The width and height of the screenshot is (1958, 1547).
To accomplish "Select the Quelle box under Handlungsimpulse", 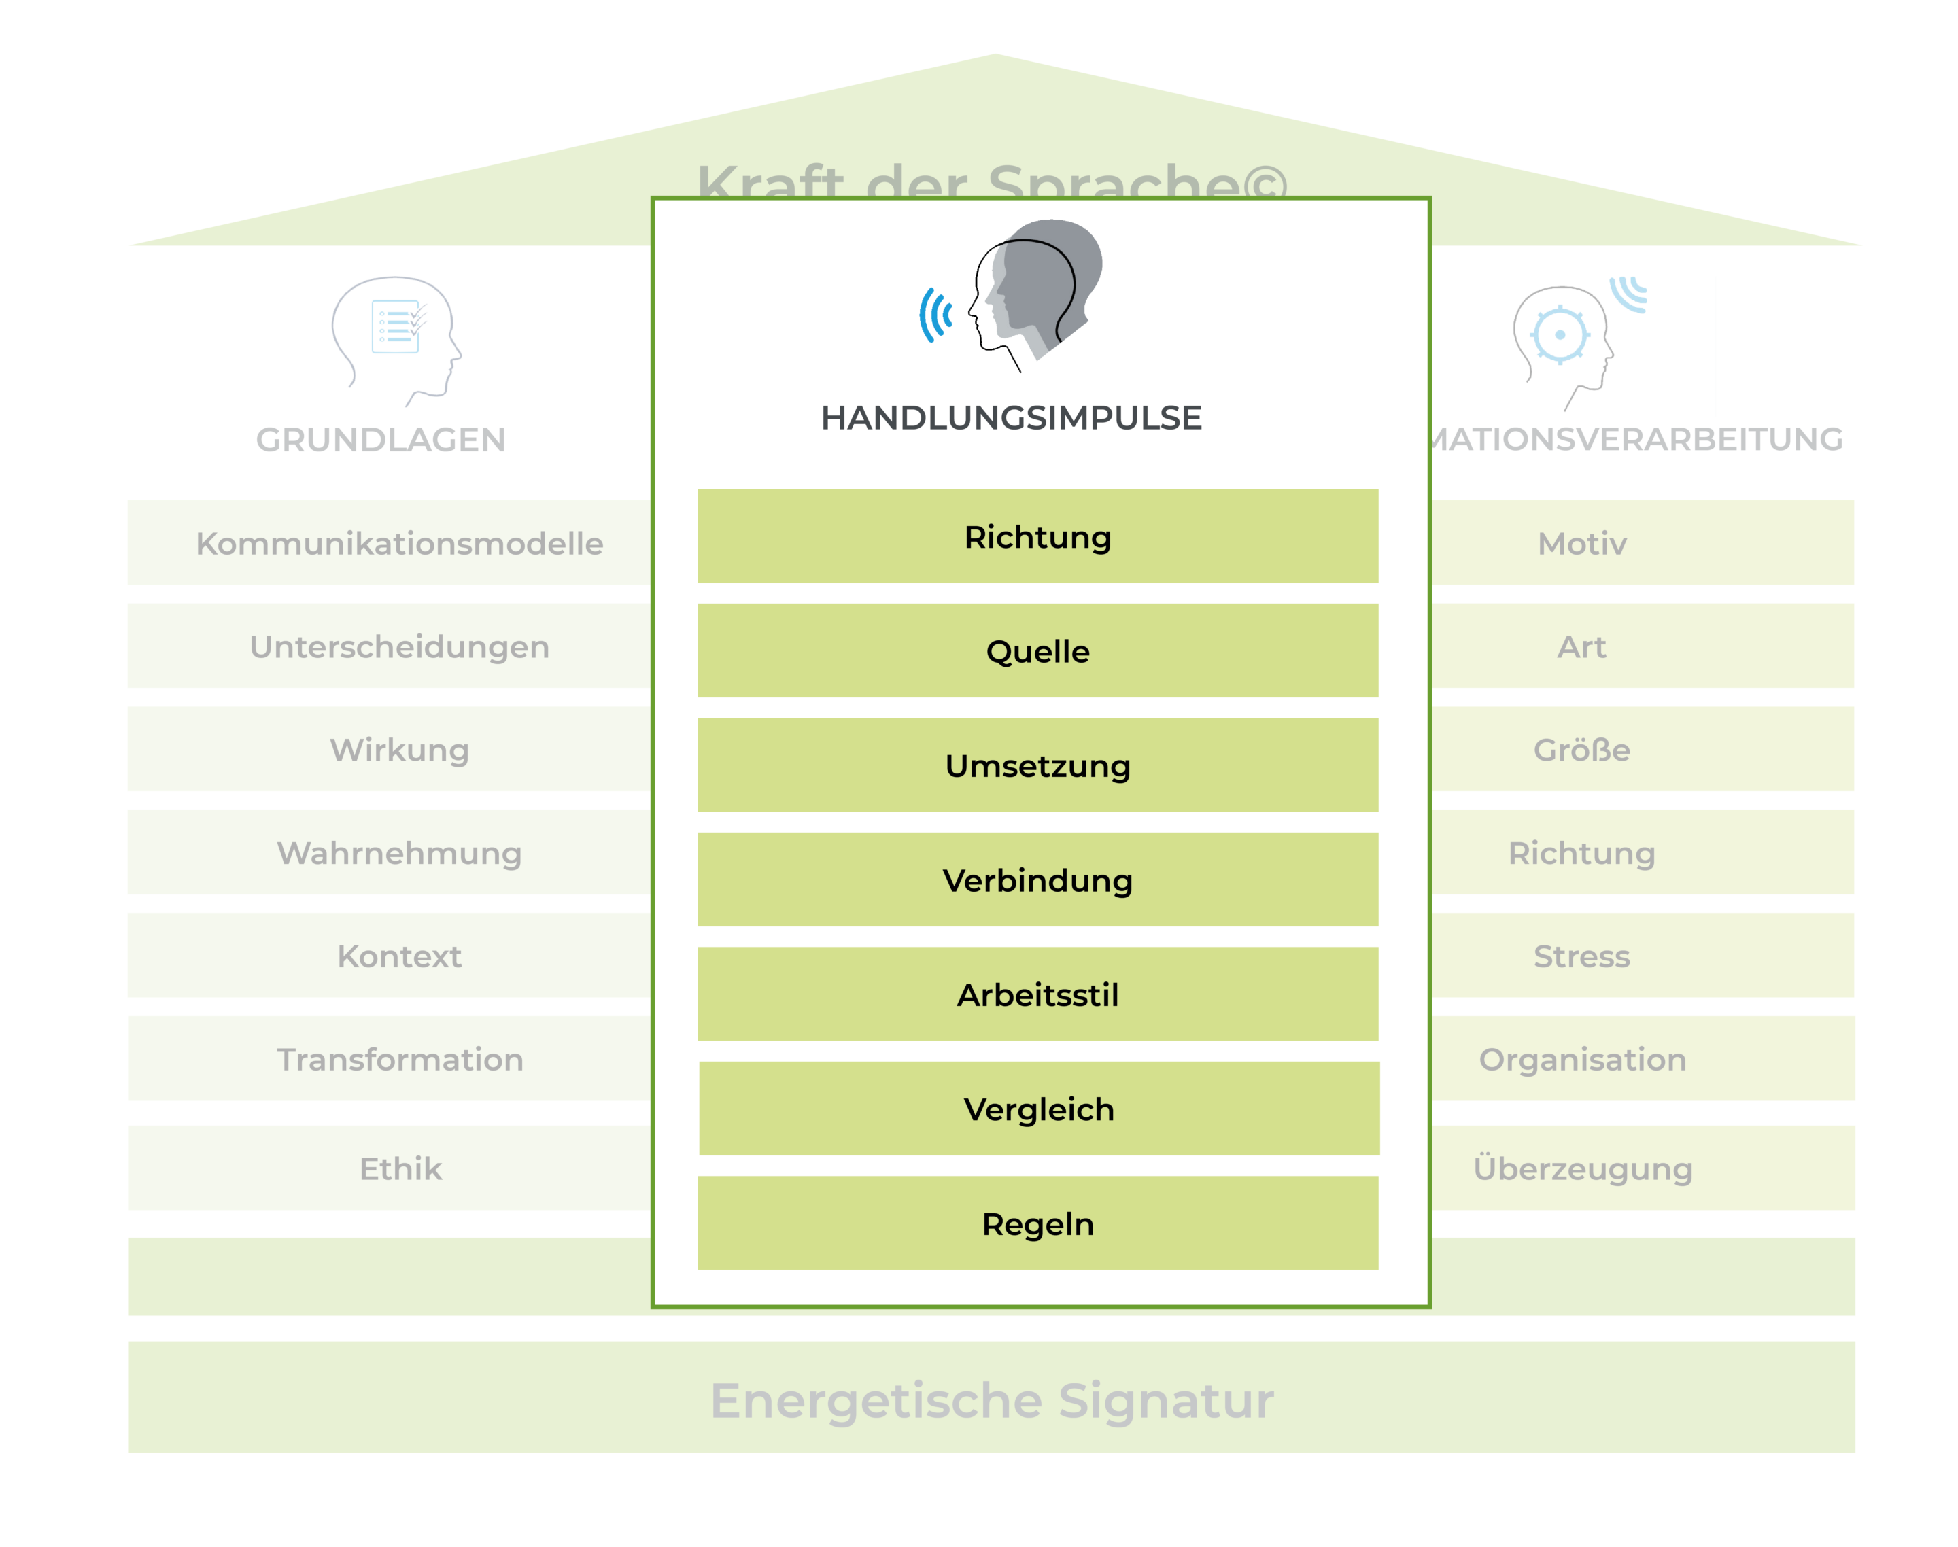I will pyautogui.click(x=1037, y=650).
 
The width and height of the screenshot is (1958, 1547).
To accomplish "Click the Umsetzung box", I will pyautogui.click(x=1037, y=765).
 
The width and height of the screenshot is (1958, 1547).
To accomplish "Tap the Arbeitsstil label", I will pyautogui.click(x=1037, y=994).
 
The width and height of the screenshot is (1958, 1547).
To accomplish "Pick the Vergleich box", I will pyautogui.click(x=1038, y=1109).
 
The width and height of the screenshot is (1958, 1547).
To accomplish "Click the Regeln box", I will pyautogui.click(x=1037, y=1223).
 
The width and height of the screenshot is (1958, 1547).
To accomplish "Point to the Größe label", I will pyautogui.click(x=1581, y=749).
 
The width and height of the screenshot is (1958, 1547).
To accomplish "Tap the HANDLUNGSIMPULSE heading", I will pyautogui.click(x=1011, y=417).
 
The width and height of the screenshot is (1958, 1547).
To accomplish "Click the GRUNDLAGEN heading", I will pyautogui.click(x=381, y=439).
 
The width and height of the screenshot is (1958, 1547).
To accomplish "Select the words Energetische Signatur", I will pyautogui.click(x=991, y=1400).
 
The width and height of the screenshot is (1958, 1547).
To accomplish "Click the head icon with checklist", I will pyautogui.click(x=396, y=340).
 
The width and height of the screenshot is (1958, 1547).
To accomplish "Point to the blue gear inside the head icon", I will pyautogui.click(x=1560, y=335).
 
